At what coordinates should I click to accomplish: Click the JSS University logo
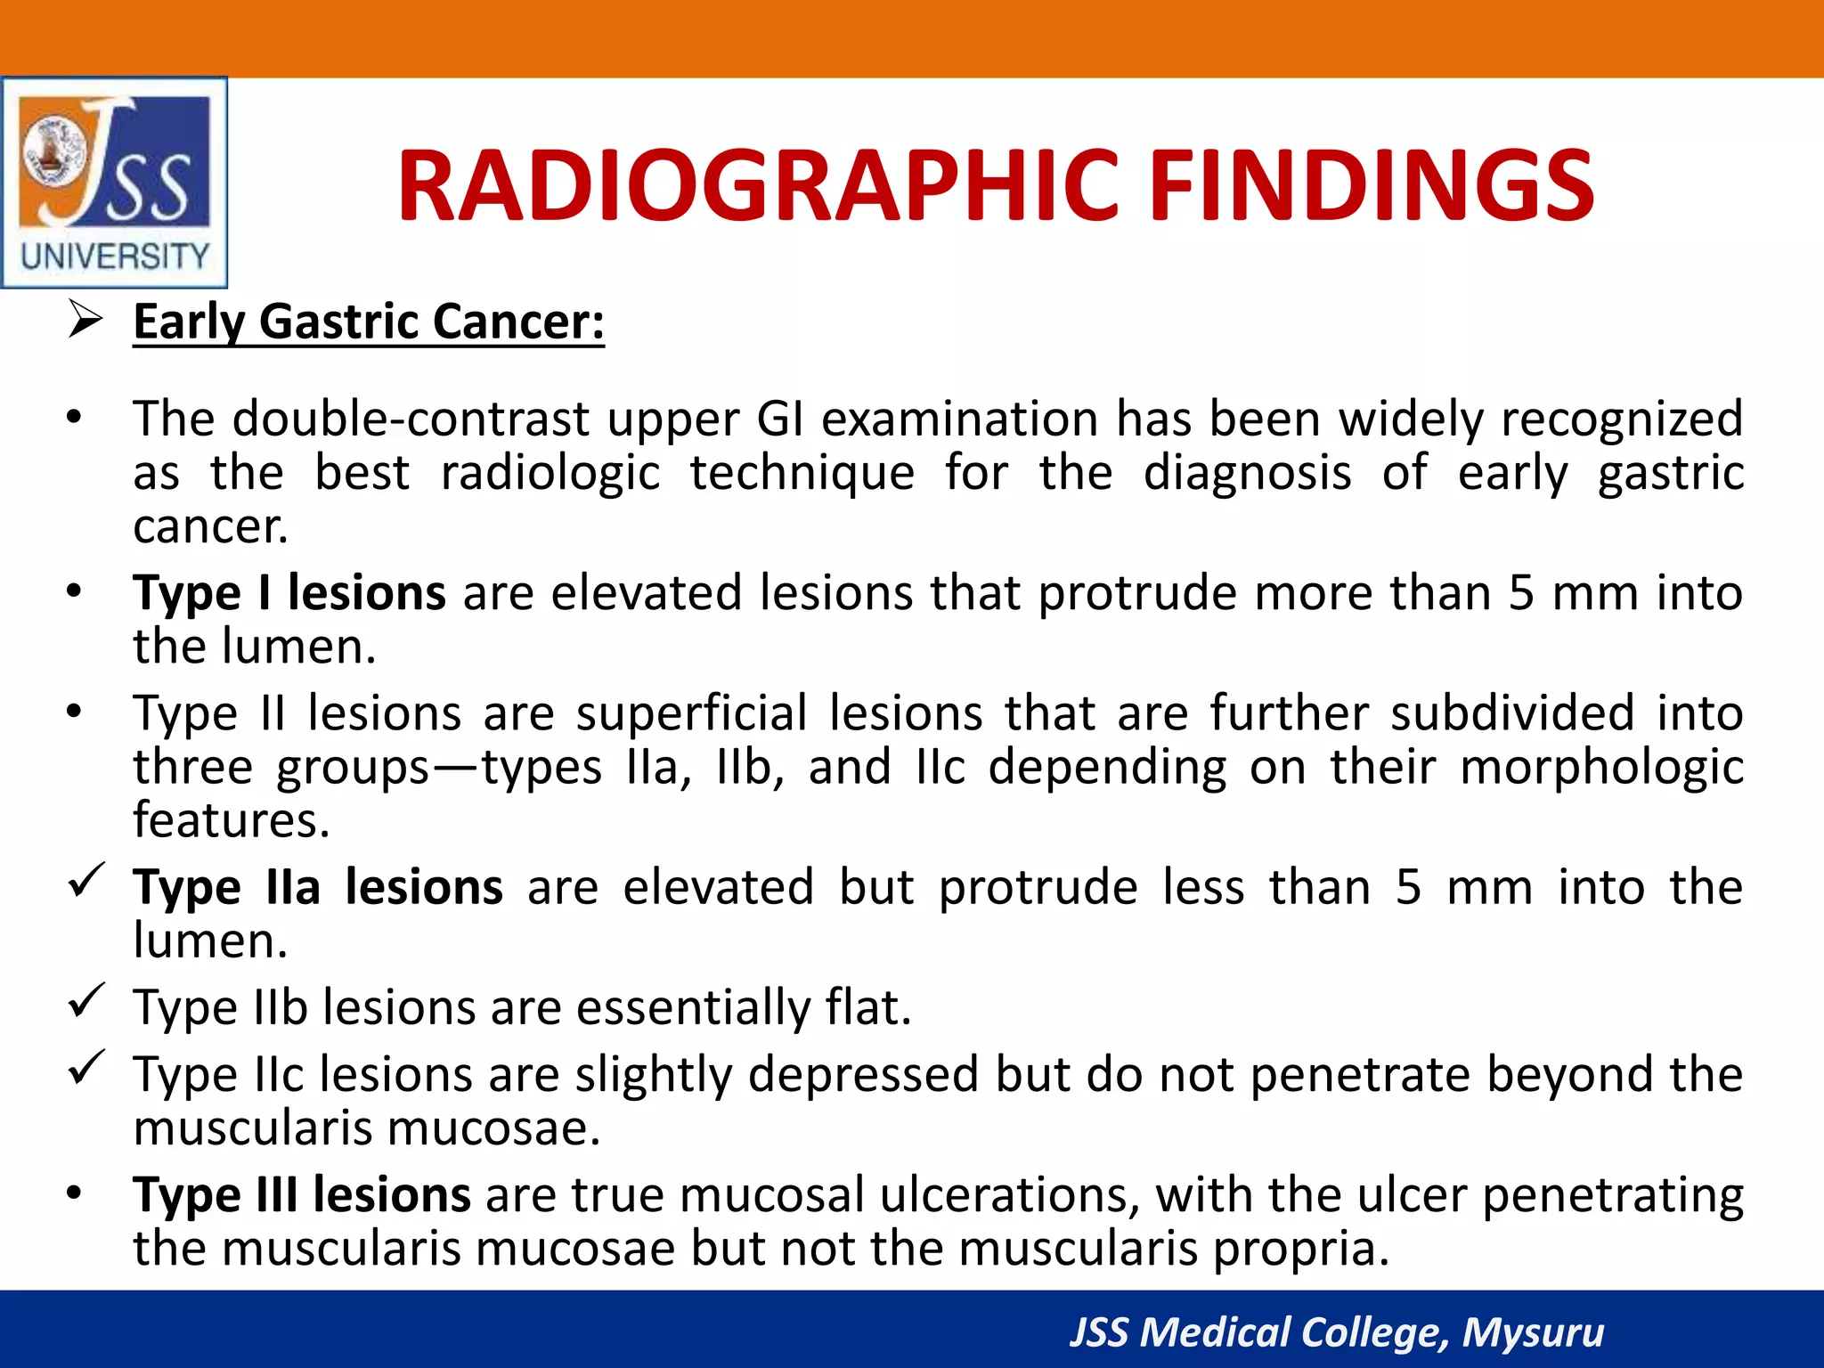(114, 183)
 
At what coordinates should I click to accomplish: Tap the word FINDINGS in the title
(1372, 186)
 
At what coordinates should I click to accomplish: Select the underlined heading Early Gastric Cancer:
(369, 322)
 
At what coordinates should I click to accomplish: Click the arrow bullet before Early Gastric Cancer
(86, 320)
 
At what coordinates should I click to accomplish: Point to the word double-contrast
(411, 419)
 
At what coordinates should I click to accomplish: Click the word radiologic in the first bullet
(550, 472)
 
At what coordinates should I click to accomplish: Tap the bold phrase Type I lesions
(289, 593)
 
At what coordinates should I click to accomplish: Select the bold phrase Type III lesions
(301, 1194)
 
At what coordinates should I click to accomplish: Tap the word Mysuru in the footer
(1533, 1332)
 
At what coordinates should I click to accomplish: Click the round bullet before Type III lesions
(74, 1193)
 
